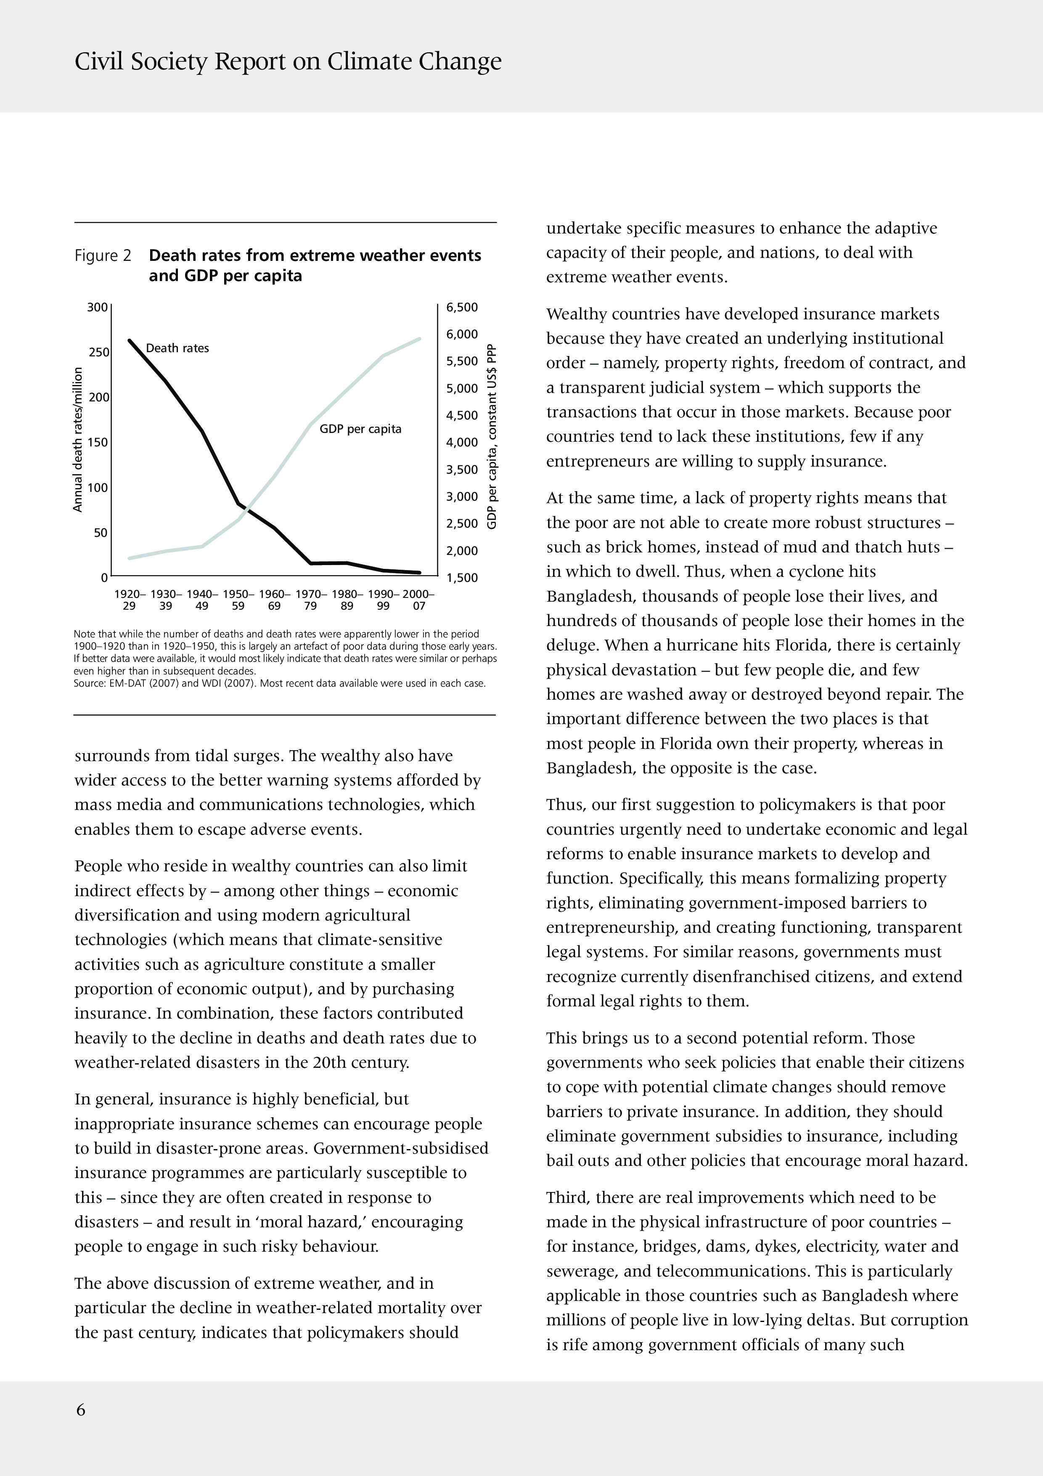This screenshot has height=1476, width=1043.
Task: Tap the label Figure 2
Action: [x=103, y=256]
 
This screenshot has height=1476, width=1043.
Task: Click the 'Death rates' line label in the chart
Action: [x=177, y=348]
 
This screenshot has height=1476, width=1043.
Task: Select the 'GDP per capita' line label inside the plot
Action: [x=360, y=429]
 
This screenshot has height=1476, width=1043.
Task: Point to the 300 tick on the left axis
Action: [x=97, y=307]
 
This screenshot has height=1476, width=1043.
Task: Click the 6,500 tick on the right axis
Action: [x=462, y=307]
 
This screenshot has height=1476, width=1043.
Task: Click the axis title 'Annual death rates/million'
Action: [x=78, y=440]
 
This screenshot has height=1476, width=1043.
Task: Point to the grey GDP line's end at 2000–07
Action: [x=420, y=338]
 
